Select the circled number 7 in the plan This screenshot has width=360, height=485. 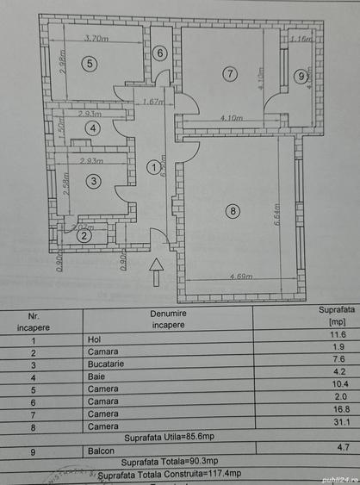pyautogui.click(x=229, y=74)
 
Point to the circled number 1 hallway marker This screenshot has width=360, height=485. pyautogui.click(x=153, y=167)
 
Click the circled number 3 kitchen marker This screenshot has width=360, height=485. pyautogui.click(x=93, y=181)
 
